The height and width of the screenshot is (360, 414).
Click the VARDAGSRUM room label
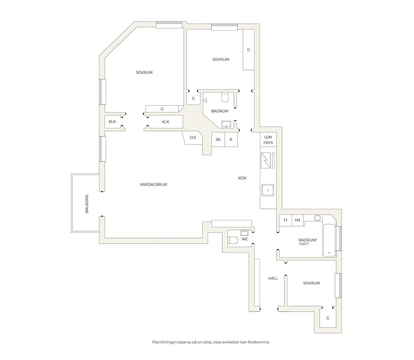[154, 185]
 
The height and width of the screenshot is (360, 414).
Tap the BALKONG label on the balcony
[87, 204]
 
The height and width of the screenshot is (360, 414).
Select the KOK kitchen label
[242, 178]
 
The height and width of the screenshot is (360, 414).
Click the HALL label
[273, 278]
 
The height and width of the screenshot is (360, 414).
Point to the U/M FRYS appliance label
[268, 140]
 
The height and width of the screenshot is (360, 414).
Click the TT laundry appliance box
[285, 220]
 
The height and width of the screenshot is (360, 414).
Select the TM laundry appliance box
[298, 220]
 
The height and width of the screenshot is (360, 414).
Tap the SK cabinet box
[218, 139]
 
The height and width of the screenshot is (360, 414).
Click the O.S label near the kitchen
[193, 138]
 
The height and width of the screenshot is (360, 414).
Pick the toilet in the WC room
[233, 240]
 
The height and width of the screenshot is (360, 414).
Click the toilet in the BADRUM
[225, 97]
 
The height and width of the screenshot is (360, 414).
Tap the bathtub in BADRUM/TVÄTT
[329, 240]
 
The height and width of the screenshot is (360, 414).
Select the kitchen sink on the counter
[268, 191]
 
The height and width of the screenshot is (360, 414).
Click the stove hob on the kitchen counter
[266, 160]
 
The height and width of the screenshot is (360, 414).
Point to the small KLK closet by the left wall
[113, 122]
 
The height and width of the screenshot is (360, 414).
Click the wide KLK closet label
[166, 122]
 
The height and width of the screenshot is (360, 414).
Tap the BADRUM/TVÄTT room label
[308, 242]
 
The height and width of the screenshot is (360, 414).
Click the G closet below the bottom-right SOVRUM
[327, 319]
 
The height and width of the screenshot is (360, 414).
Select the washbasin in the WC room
[244, 233]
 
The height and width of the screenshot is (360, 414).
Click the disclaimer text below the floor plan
[211, 342]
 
